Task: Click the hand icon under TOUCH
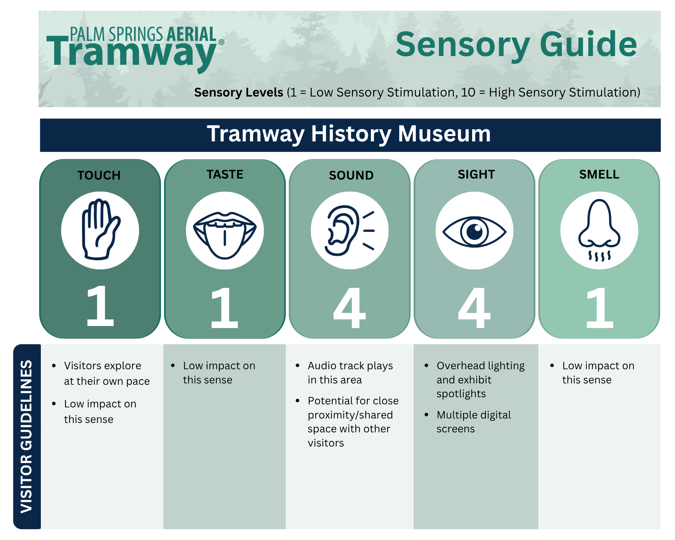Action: (x=100, y=230)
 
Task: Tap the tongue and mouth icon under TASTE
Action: (x=224, y=233)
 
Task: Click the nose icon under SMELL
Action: (x=599, y=228)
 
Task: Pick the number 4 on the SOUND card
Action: (x=349, y=308)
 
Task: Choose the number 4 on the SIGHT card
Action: (x=474, y=308)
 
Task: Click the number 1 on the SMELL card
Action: (x=599, y=308)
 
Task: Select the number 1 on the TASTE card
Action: (x=224, y=308)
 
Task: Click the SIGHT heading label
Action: (x=476, y=174)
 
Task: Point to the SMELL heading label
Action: (x=599, y=174)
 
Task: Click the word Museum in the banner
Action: (x=444, y=134)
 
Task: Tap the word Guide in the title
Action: (x=588, y=45)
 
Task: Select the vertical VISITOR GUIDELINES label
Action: (x=27, y=436)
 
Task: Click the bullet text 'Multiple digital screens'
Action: (x=474, y=422)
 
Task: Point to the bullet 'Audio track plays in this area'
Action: (x=350, y=373)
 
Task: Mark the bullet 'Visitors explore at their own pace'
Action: (x=107, y=373)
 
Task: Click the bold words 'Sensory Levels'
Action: (x=239, y=92)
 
